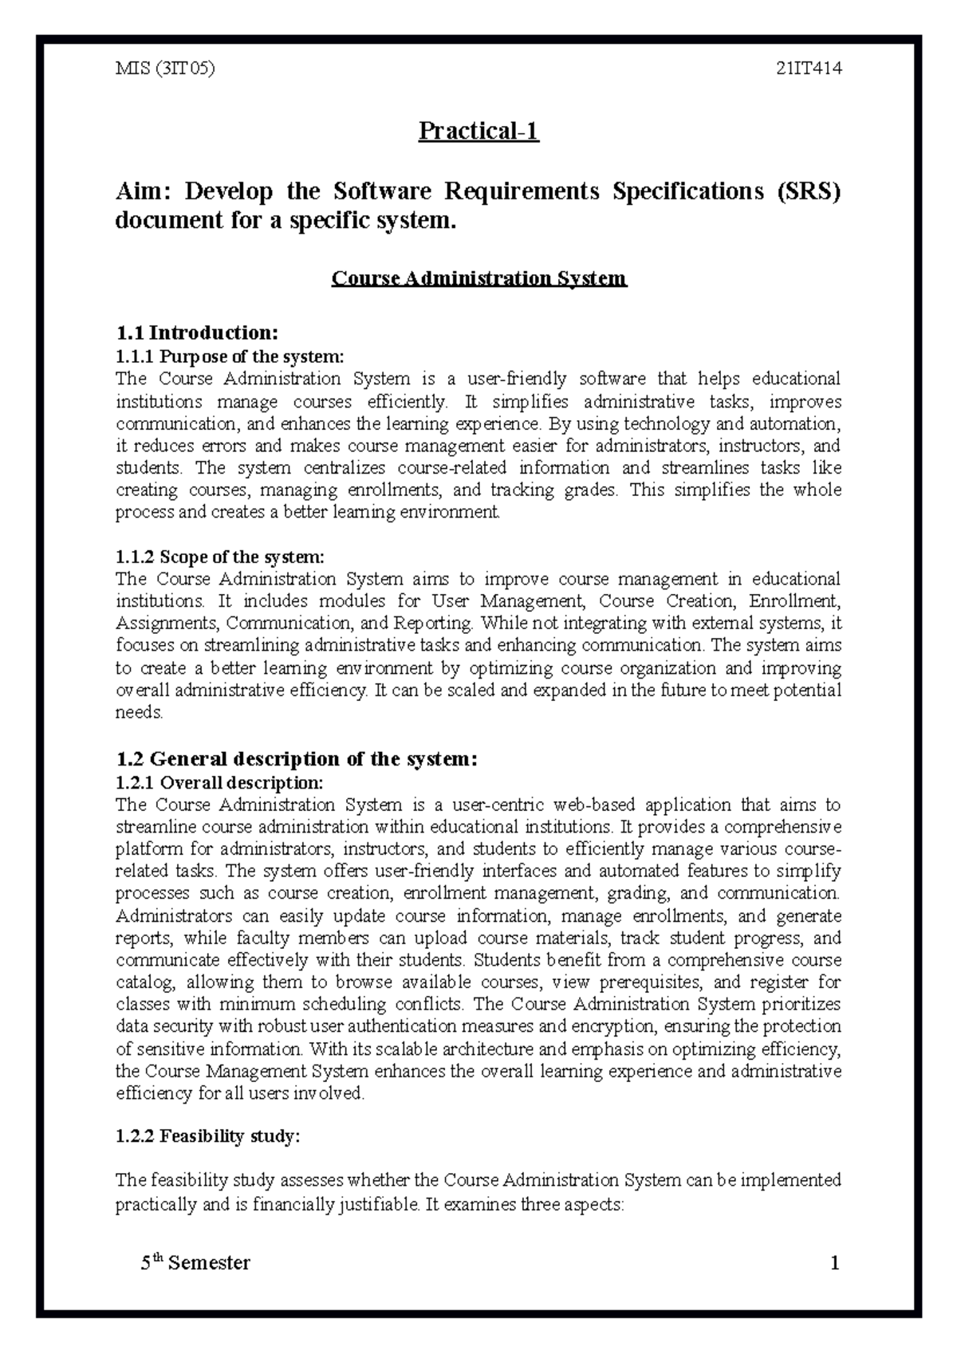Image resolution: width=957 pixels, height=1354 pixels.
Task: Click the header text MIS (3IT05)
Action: (x=166, y=69)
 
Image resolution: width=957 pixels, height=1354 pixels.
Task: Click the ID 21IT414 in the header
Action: (x=809, y=69)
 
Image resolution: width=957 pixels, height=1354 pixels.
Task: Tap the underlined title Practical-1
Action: (x=478, y=131)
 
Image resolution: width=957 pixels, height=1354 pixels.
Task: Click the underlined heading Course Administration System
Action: (x=478, y=278)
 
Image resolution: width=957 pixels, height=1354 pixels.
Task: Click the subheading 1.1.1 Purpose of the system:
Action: (x=230, y=356)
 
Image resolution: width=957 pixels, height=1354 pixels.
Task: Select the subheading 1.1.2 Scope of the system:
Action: (x=220, y=557)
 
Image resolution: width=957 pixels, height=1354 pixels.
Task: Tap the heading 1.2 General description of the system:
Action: (x=297, y=758)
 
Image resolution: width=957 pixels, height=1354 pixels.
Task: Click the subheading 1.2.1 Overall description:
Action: (x=219, y=782)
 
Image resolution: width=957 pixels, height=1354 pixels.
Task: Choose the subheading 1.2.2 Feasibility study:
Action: (x=207, y=1136)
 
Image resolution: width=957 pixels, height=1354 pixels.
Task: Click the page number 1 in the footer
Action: (x=835, y=1263)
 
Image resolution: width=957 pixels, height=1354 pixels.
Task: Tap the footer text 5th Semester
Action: (x=195, y=1263)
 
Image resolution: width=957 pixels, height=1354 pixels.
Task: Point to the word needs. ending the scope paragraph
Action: (x=140, y=712)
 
